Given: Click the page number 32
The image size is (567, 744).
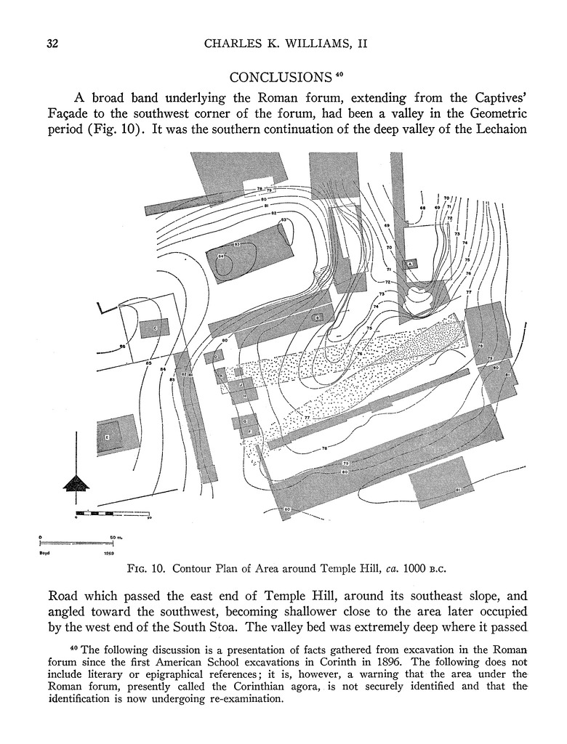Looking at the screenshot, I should pyautogui.click(x=52, y=44).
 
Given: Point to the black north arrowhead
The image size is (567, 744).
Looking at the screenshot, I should pyautogui.click(x=76, y=482).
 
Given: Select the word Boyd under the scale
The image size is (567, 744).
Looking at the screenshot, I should pyautogui.click(x=44, y=553).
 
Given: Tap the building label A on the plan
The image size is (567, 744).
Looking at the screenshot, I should pyautogui.click(x=410, y=264).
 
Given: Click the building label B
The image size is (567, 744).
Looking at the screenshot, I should pyautogui.click(x=318, y=318).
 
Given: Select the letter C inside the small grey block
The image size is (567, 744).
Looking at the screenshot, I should pyautogui.click(x=156, y=328).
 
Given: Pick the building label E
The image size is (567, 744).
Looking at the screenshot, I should pyautogui.click(x=107, y=437).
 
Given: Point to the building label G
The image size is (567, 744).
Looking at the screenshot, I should pyautogui.click(x=246, y=421).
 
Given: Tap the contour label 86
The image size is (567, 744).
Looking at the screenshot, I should pyautogui.click(x=122, y=347).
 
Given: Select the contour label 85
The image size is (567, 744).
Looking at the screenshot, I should pyautogui.click(x=148, y=363).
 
